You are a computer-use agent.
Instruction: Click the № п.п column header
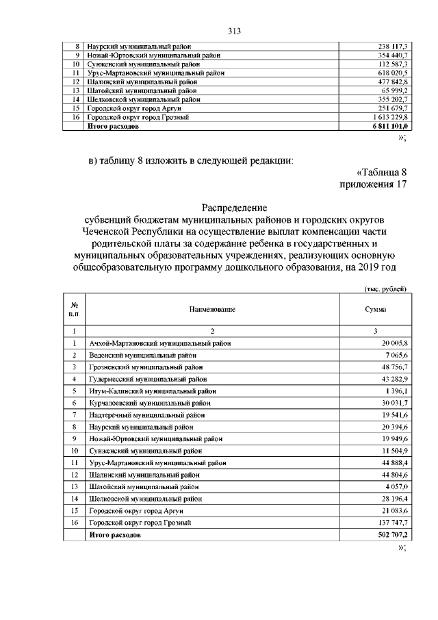point(73,310)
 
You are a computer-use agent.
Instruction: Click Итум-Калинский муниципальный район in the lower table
point(152,391)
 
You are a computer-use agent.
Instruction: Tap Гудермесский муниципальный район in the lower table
point(147,379)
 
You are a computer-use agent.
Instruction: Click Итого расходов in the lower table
point(115,534)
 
